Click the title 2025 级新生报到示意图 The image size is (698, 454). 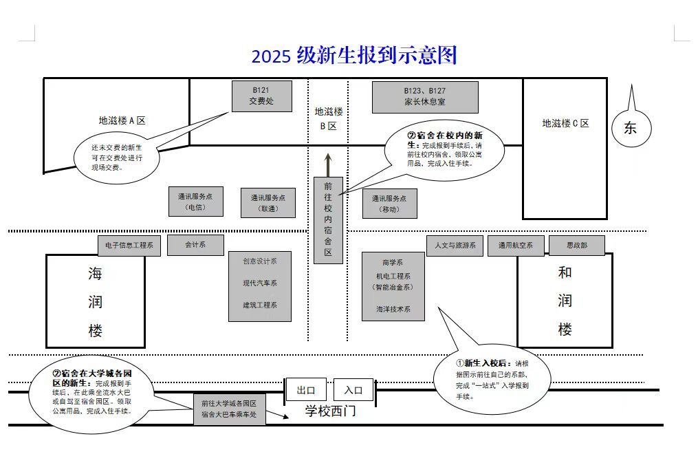click(354, 56)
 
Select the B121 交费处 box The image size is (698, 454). click(261, 96)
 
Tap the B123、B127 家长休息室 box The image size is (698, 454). click(425, 97)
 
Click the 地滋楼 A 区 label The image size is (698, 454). click(122, 120)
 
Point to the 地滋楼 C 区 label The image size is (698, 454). click(565, 124)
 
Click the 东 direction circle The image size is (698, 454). click(630, 127)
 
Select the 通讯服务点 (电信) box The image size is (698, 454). click(195, 202)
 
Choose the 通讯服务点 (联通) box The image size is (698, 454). click(268, 203)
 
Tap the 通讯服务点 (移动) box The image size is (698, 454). click(389, 204)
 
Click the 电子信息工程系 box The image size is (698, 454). click(129, 245)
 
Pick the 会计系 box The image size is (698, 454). click(195, 244)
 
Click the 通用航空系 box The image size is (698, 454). click(516, 246)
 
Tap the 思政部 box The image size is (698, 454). click(576, 246)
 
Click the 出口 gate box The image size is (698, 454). click(306, 390)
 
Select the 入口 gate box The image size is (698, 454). click(353, 390)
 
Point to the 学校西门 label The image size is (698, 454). click(331, 412)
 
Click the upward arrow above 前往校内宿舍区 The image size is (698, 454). click(328, 163)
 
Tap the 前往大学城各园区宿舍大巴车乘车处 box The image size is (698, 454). click(229, 409)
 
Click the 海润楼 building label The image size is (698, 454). click(96, 303)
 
